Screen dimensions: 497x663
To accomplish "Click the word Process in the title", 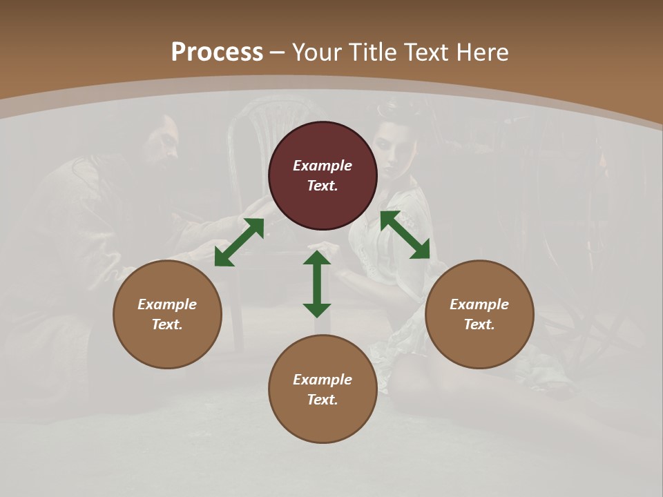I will pyautogui.click(x=217, y=52).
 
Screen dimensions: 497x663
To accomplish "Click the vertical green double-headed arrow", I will pyautogui.click(x=317, y=284).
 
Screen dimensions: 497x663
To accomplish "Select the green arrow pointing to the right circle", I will pyautogui.click(x=405, y=235).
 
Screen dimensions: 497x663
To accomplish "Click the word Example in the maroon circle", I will pyautogui.click(x=323, y=166).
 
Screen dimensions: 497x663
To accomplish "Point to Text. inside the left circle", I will pyautogui.click(x=167, y=324).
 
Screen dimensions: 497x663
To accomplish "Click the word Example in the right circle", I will pyautogui.click(x=479, y=304).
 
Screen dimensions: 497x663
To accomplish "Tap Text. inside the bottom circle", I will pyautogui.click(x=323, y=400).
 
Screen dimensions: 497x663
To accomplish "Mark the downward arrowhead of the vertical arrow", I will pyautogui.click(x=317, y=309).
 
